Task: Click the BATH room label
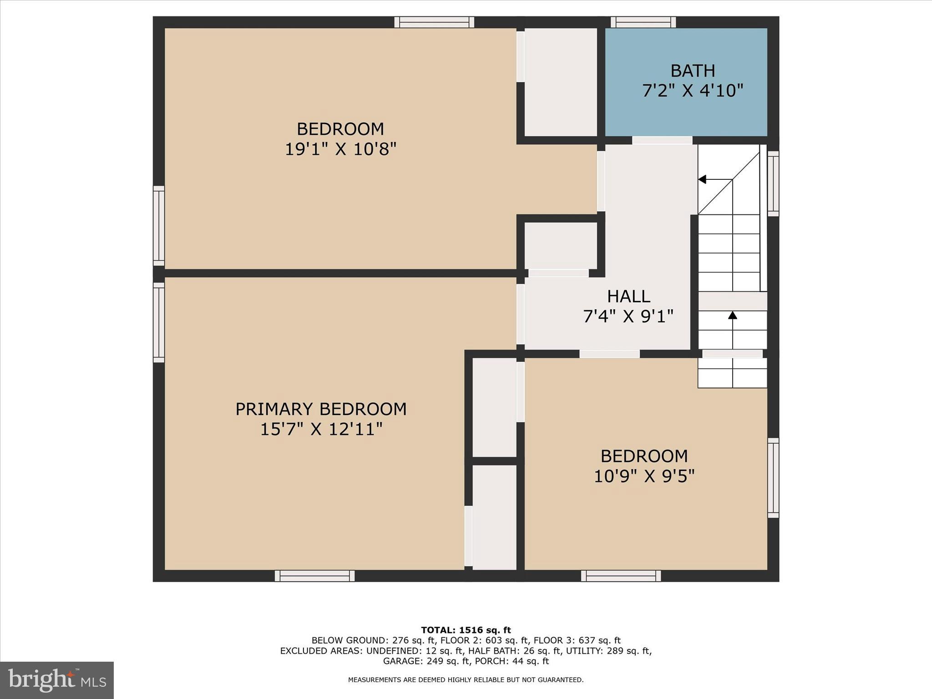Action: (693, 71)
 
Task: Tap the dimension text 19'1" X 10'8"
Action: (340, 149)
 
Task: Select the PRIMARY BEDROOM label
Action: (321, 409)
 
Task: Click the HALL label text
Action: (628, 297)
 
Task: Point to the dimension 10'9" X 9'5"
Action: (644, 476)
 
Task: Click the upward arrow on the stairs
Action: (732, 315)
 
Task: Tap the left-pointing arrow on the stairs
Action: (703, 179)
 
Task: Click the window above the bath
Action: (643, 22)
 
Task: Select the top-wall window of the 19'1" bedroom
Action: (434, 22)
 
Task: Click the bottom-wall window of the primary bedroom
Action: (314, 576)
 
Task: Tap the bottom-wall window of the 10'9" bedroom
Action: (621, 576)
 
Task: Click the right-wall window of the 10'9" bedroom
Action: (773, 478)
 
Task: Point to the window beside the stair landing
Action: (773, 183)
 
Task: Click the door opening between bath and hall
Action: (662, 141)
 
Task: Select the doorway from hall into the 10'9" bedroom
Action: (609, 354)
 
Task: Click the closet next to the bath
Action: (561, 82)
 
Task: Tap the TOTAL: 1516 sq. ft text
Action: (466, 630)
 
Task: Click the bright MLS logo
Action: (57, 680)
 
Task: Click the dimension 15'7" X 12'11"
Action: (321, 429)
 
